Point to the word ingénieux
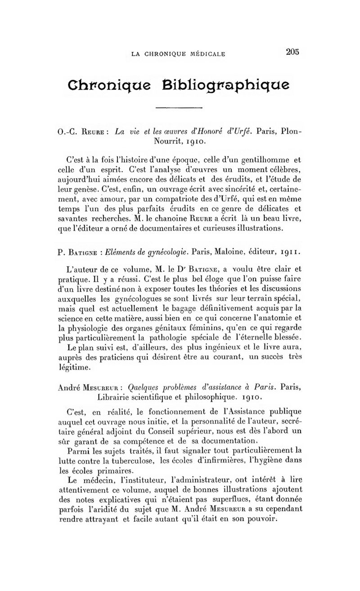(x=237, y=347)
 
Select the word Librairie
(x=113, y=398)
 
